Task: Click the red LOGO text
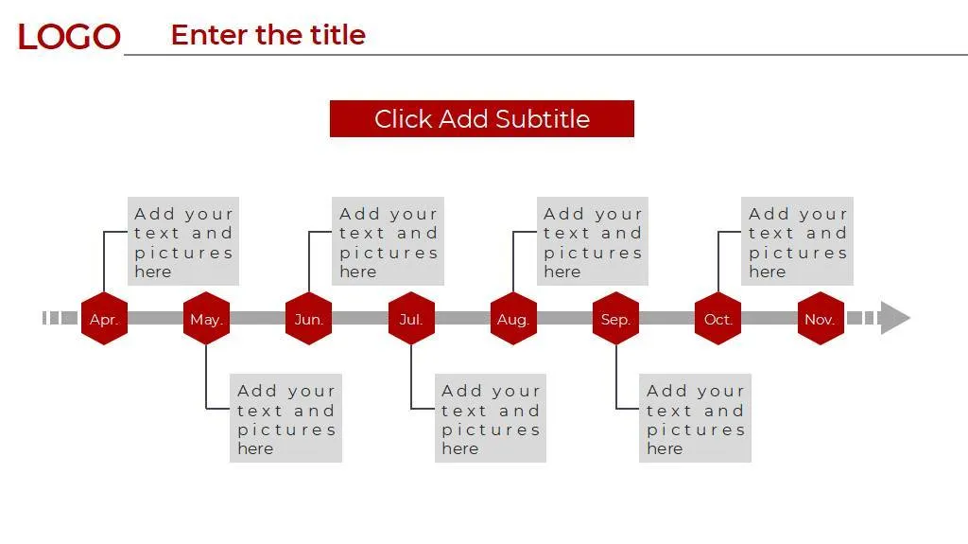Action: [69, 37]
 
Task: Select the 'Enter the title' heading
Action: [268, 35]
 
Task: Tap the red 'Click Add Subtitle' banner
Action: [481, 119]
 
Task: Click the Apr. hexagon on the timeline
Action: [104, 319]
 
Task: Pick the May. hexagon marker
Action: [206, 319]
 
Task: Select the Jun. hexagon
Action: [308, 319]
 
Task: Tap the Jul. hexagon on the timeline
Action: [411, 319]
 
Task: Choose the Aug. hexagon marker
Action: [513, 319]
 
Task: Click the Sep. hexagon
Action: [615, 319]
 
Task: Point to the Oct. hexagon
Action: [717, 319]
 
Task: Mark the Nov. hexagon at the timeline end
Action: [820, 319]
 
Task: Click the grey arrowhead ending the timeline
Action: [893, 318]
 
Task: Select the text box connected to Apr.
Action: [183, 241]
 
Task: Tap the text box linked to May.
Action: [285, 418]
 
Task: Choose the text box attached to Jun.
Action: [388, 241]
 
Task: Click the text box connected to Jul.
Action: [491, 418]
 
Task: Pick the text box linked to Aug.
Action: [593, 241]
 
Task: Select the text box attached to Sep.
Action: [695, 418]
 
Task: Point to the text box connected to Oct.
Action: [797, 241]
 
